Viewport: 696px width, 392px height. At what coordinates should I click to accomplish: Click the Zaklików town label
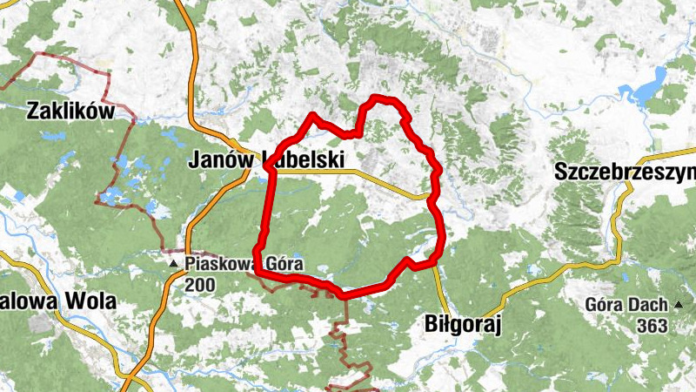coord(70,111)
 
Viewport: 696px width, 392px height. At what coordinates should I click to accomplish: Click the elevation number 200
coord(199,283)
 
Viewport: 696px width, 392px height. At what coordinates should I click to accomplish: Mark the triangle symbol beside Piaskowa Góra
coord(174,262)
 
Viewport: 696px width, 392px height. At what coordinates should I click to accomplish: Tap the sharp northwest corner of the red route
coord(312,115)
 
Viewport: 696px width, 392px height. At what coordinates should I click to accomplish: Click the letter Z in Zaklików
coord(34,111)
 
